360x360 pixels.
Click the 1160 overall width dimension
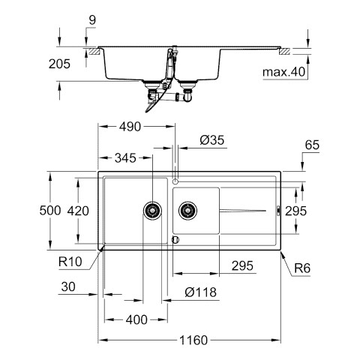[193, 340]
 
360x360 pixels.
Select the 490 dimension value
[130, 127]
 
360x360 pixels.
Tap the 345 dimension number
[125, 158]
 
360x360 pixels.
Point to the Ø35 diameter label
[212, 140]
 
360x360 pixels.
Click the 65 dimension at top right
[312, 145]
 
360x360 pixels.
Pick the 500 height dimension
[50, 211]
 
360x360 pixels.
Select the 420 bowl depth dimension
[78, 211]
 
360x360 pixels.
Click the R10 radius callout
[70, 262]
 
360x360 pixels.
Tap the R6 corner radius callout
[302, 268]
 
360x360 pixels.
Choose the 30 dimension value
[68, 286]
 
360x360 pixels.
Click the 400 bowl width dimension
[136, 319]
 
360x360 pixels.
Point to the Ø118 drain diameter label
[200, 292]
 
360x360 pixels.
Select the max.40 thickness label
[283, 72]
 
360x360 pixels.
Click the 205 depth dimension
[59, 64]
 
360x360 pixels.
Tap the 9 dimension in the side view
[92, 20]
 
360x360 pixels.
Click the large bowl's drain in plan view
[152, 211]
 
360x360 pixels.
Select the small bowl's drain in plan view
[187, 211]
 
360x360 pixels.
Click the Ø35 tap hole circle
[175, 181]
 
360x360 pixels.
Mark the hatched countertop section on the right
[284, 51]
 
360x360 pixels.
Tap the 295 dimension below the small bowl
[242, 265]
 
